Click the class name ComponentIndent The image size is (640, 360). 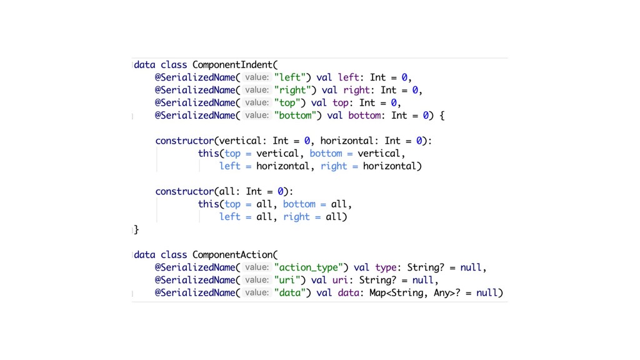[233, 64]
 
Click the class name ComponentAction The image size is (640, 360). [233, 254]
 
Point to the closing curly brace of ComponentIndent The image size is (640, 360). [136, 229]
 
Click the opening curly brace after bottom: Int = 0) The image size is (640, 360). [441, 115]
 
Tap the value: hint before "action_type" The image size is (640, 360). [256, 267]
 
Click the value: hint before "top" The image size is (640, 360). [256, 102]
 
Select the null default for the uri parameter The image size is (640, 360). [422, 280]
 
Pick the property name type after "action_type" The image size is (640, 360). [386, 267]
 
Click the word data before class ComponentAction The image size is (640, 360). [145, 254]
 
